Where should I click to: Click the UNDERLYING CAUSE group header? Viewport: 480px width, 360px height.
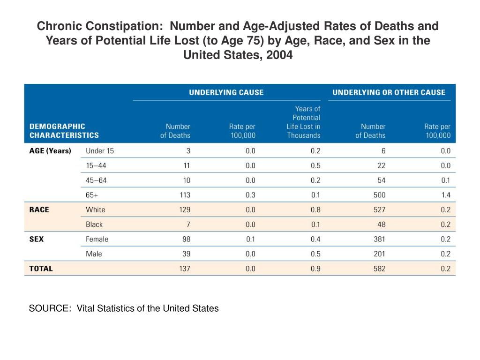(x=226, y=92)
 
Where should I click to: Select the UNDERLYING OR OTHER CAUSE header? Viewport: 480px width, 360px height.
(x=389, y=92)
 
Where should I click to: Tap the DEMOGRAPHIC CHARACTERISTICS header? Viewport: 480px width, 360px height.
(x=64, y=131)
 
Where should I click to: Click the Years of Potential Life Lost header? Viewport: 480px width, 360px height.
(x=303, y=122)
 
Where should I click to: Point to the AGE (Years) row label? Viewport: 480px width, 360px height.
(x=50, y=150)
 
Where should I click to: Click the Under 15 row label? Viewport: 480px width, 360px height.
(x=100, y=150)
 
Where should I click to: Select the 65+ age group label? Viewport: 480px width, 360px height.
(x=92, y=195)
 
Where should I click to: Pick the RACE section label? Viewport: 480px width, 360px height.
(x=39, y=210)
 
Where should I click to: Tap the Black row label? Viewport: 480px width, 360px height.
(x=94, y=225)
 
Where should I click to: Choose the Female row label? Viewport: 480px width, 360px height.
(x=97, y=239)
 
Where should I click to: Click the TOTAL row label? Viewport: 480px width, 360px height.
(x=41, y=269)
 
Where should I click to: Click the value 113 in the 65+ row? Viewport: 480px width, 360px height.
(x=185, y=195)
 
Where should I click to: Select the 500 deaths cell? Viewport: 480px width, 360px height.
(x=379, y=195)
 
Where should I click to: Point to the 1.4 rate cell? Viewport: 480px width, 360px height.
(x=446, y=195)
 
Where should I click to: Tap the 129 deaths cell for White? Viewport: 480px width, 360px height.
(x=185, y=210)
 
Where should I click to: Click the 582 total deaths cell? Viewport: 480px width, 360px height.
(x=379, y=269)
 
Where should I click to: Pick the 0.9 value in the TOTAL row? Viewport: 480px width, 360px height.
(x=315, y=269)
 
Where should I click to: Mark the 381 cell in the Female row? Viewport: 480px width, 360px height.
(x=379, y=239)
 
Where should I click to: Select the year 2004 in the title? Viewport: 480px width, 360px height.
(x=279, y=55)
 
